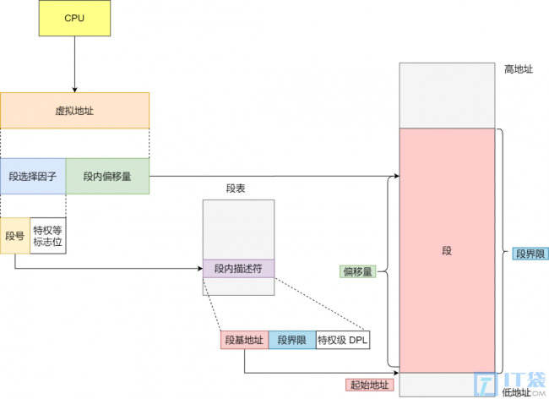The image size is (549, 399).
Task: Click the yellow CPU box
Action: [x=74, y=19]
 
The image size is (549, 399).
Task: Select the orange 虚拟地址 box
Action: [x=74, y=111]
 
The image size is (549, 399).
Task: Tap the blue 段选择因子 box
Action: [x=33, y=176]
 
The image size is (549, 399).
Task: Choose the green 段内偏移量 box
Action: [x=107, y=176]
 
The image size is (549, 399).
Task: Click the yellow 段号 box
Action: [x=15, y=236]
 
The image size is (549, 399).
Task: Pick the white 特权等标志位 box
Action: [x=48, y=236]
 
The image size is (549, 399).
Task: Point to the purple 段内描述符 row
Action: [x=238, y=269]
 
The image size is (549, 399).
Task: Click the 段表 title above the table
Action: [x=236, y=189]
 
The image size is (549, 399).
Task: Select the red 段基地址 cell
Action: [x=244, y=340]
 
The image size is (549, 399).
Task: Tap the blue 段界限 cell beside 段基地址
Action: [x=292, y=340]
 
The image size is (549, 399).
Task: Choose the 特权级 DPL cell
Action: [x=343, y=340]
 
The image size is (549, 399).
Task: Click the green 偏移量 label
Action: [x=358, y=271]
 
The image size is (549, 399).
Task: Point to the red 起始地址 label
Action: [x=370, y=385]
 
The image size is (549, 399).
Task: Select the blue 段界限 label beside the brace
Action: [x=530, y=254]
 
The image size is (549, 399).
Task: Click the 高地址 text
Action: [x=519, y=69]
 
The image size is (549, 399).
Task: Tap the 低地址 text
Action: [x=517, y=392]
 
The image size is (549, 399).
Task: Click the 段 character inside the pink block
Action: [x=447, y=251]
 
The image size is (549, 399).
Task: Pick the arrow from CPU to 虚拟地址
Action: [x=74, y=64]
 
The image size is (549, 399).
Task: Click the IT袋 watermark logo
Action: [x=510, y=383]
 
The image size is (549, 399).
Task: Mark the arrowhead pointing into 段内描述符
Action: [x=200, y=269]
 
